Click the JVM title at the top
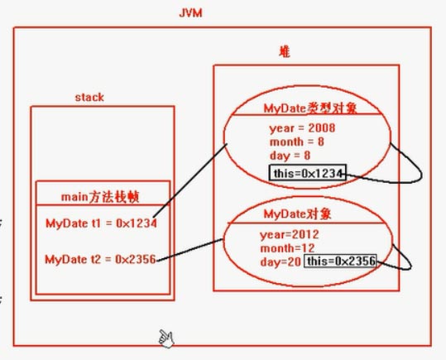pyautogui.click(x=190, y=13)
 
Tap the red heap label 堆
pyautogui.click(x=285, y=52)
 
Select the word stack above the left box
pyautogui.click(x=89, y=98)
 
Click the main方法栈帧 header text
pyautogui.click(x=100, y=197)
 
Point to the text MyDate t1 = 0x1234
pyautogui.click(x=101, y=223)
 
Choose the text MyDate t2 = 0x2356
pyautogui.click(x=100, y=259)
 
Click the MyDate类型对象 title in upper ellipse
pyautogui.click(x=310, y=108)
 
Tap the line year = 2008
pyautogui.click(x=302, y=128)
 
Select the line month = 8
pyautogui.click(x=297, y=142)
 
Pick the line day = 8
pyautogui.click(x=290, y=156)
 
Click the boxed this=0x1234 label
pyautogui.click(x=308, y=172)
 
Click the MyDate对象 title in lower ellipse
pyautogui.click(x=298, y=214)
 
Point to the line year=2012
pyautogui.click(x=290, y=234)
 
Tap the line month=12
pyautogui.click(x=288, y=248)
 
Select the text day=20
pyautogui.click(x=281, y=262)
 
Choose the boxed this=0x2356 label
pyautogui.click(x=340, y=261)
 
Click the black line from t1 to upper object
pyautogui.click(x=190, y=181)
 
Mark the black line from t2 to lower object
pyautogui.click(x=190, y=250)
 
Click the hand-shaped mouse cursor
pyautogui.click(x=166, y=338)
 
